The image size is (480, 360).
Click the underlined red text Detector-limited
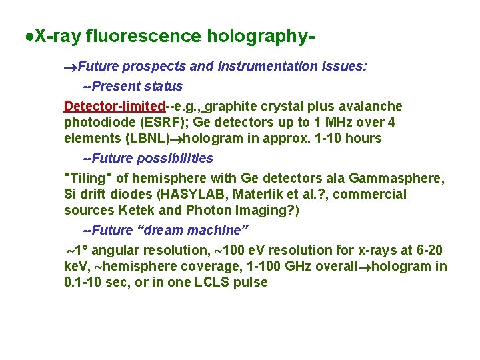(x=114, y=107)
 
